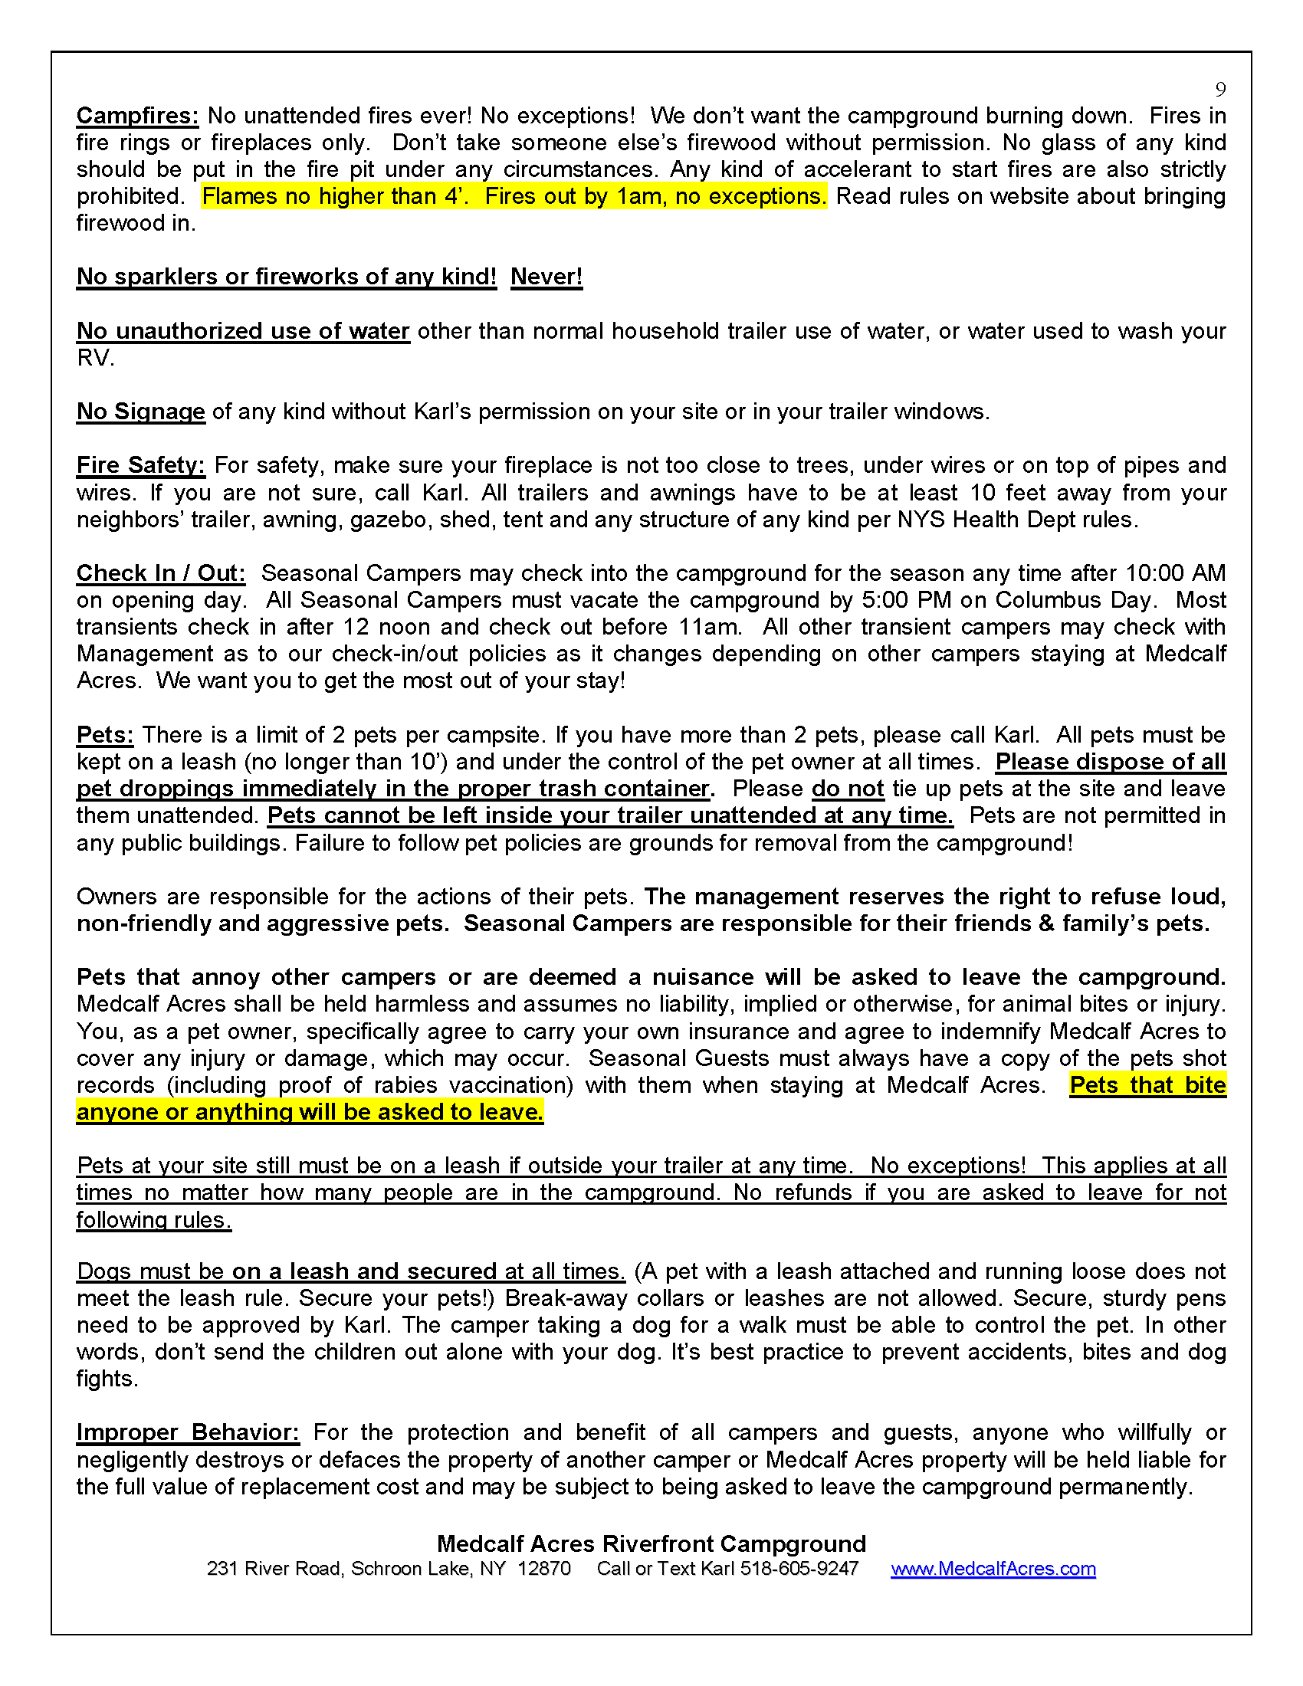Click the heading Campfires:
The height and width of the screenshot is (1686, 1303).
[137, 116]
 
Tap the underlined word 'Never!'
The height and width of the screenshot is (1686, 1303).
[546, 277]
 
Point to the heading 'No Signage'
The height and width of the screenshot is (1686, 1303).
[140, 412]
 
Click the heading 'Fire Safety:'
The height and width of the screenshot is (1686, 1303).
[140, 465]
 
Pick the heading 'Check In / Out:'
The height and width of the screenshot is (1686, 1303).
[160, 572]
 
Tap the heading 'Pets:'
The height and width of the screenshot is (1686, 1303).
[105, 735]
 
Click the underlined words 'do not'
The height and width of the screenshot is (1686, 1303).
[848, 789]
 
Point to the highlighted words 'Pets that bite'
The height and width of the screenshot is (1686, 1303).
[1147, 1085]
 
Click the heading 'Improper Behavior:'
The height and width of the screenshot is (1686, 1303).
[188, 1432]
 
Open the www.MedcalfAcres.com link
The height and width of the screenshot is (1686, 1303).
[993, 1569]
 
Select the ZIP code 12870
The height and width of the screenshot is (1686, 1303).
[543, 1569]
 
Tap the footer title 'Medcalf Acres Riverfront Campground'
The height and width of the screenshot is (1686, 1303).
[651, 1543]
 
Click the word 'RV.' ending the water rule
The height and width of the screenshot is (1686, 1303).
[95, 358]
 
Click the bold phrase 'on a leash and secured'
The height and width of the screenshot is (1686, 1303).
[364, 1271]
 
